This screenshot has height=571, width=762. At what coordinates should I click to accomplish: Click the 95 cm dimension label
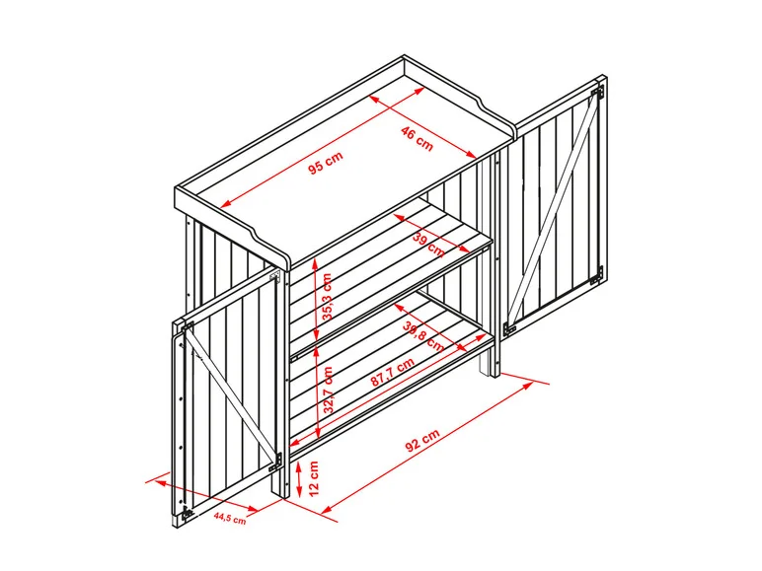[326, 163]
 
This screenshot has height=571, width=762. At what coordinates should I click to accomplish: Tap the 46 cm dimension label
[417, 138]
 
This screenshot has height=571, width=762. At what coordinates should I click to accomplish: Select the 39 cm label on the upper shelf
[428, 245]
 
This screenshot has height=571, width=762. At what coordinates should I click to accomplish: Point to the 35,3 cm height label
[328, 297]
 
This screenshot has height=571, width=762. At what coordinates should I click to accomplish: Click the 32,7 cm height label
[329, 390]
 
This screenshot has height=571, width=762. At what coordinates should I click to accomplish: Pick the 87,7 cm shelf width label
[393, 372]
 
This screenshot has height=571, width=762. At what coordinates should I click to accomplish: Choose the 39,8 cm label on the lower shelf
[422, 336]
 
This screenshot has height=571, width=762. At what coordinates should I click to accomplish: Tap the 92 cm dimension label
[422, 441]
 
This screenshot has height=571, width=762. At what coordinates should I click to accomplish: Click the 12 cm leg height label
[314, 478]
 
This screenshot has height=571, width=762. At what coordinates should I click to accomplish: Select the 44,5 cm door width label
[230, 518]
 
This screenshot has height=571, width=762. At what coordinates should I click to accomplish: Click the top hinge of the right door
[598, 91]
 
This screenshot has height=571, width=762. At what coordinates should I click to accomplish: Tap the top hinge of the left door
[188, 326]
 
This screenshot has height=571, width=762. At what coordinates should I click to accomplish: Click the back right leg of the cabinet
[486, 363]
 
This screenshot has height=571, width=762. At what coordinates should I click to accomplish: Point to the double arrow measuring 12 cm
[298, 478]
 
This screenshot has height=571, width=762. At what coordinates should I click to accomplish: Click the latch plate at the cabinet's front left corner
[276, 277]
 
